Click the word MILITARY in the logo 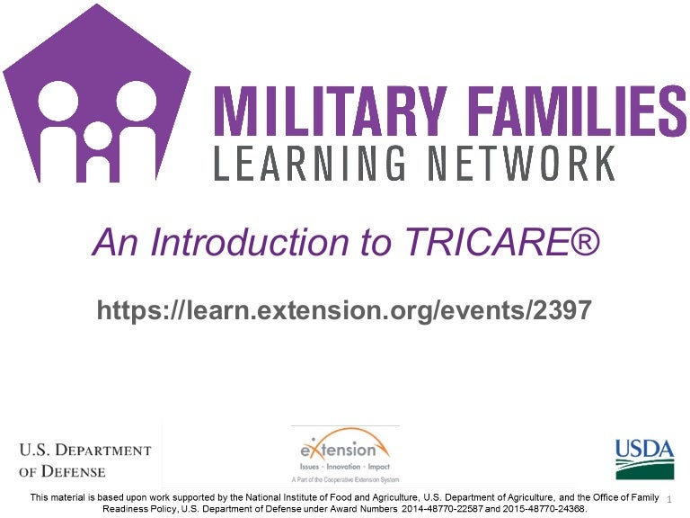point(331,111)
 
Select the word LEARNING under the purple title point(309,163)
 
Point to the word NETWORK point(522,163)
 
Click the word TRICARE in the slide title point(487,242)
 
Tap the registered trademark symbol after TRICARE point(585,240)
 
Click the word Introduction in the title point(249,242)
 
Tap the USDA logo point(645,459)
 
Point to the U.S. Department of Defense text point(85,460)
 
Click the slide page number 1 point(669,499)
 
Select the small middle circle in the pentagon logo point(98,136)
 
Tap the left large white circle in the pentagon point(58,101)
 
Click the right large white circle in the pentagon point(137,101)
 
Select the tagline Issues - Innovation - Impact point(345,467)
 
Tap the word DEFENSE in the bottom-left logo point(73,471)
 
